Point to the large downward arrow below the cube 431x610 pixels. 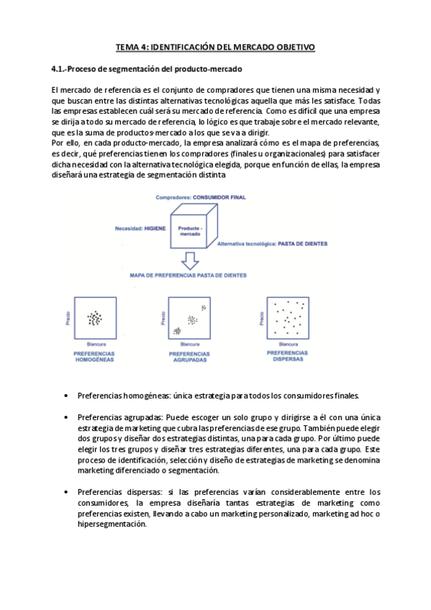[190, 260]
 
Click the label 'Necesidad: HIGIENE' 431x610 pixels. [140, 227]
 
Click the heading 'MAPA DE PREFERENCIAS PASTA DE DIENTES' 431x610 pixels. [189, 276]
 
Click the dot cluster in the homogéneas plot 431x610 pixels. [94, 317]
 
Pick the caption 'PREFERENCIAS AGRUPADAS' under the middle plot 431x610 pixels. [189, 358]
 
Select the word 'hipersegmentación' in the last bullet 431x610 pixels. [109, 524]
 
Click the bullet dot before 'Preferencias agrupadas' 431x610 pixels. [66, 417]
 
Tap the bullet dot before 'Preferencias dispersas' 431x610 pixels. [66, 492]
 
